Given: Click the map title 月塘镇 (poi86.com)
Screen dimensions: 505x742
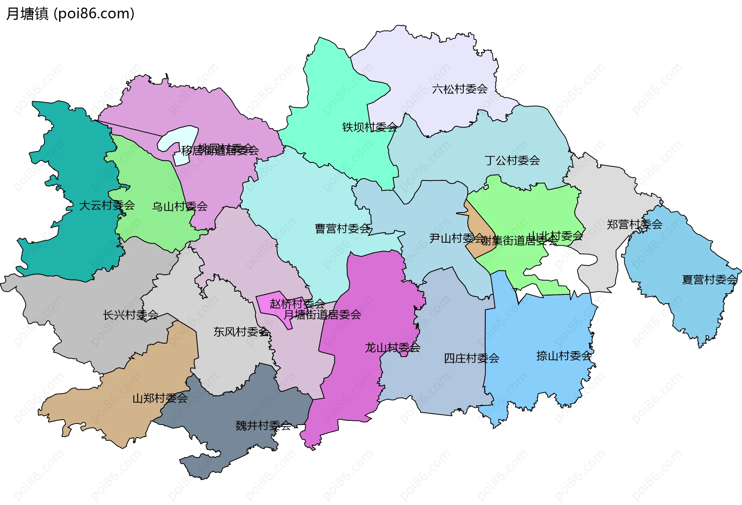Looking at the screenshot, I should (70, 14).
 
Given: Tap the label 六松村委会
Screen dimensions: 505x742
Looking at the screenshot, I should (459, 89).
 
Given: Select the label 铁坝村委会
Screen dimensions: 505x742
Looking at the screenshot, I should (369, 127).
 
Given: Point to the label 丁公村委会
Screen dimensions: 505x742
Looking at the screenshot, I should (512, 160).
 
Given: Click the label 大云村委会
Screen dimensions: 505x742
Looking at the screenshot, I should (107, 205).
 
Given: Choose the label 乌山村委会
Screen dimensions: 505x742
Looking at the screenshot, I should (180, 207).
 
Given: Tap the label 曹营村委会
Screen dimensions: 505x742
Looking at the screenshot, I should (343, 229).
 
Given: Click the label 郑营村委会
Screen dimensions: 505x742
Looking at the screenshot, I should (634, 224).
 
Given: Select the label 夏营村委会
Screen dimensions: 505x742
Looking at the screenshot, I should (710, 280).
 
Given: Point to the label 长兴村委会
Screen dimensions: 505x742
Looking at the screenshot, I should (131, 315).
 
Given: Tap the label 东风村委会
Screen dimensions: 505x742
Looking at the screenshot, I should (241, 332).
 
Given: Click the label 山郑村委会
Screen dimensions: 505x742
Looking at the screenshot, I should (160, 398).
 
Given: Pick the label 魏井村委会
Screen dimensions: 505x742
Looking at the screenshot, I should (263, 426).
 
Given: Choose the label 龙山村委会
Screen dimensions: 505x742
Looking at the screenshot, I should (392, 348).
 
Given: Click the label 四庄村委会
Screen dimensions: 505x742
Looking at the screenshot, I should (471, 359).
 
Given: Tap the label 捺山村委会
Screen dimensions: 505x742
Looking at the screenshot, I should (564, 356).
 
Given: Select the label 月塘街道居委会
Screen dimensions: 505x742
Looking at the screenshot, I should (322, 315).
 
